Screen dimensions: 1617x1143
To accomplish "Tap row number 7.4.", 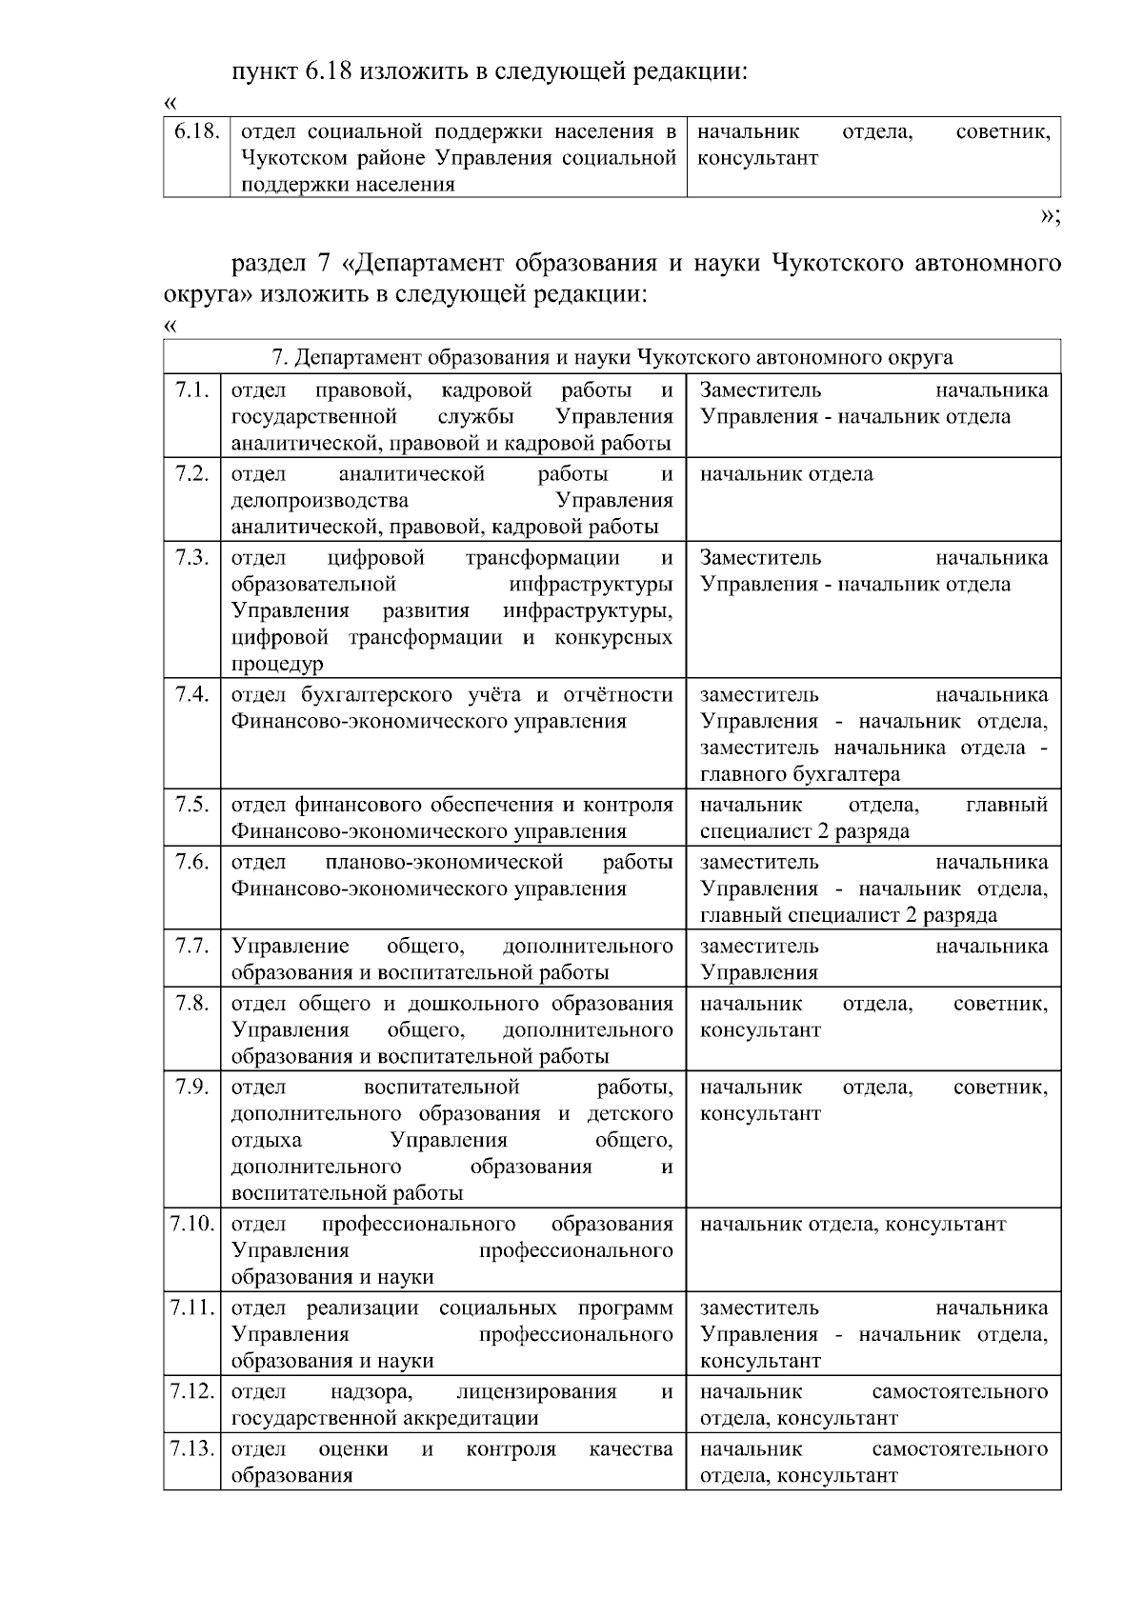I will (192, 694).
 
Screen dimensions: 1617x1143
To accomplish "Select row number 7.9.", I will (192, 1087).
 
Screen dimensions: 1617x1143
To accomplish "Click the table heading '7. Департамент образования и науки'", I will (612, 357).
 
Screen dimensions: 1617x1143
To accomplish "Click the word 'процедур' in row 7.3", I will (277, 664).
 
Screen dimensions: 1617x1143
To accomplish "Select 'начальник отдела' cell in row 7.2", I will (786, 473).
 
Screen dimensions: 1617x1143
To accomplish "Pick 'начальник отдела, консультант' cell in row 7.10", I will (852, 1224).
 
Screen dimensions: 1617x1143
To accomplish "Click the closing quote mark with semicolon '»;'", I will (1050, 215).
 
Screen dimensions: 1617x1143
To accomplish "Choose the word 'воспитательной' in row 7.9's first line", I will (441, 1087).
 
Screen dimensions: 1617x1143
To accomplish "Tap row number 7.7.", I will (192, 946).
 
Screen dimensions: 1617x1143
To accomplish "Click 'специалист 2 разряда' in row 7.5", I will (804, 831).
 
